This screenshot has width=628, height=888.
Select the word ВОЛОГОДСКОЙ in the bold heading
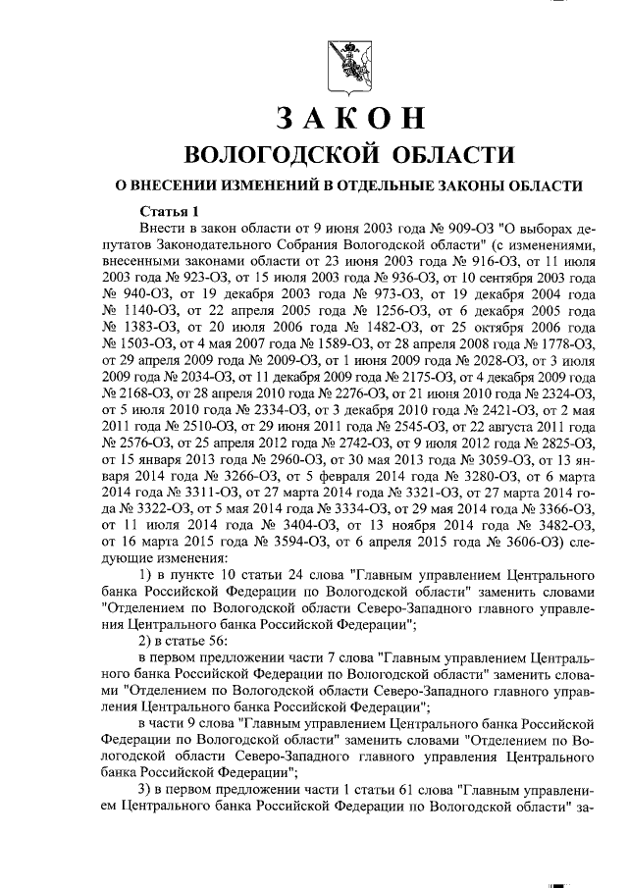pyautogui.click(x=281, y=155)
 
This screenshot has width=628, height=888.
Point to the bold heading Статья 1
pyautogui.click(x=169, y=210)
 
